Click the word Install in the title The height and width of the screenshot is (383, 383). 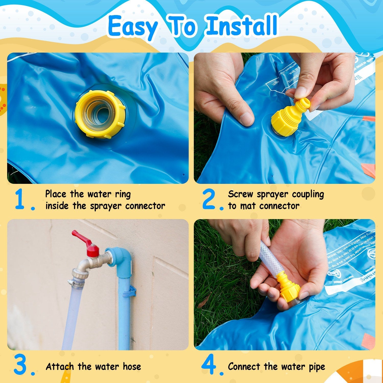(242, 26)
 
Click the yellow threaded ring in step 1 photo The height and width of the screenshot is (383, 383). (100, 114)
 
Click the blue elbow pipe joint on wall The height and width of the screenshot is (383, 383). (120, 258)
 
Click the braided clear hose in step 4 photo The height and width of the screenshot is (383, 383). (268, 258)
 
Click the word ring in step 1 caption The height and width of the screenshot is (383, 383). (123, 194)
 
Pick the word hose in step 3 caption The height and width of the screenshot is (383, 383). (132, 366)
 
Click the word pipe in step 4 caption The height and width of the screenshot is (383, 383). (317, 367)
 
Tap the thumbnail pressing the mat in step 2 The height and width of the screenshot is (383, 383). (247, 119)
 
